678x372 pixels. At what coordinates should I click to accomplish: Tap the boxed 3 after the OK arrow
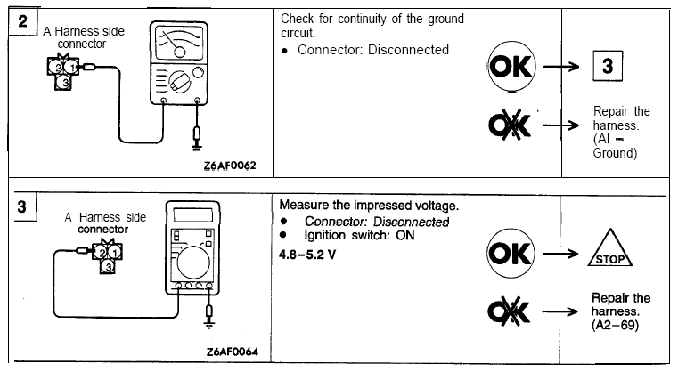pos(608,68)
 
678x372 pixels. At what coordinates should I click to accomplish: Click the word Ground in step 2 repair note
pos(614,153)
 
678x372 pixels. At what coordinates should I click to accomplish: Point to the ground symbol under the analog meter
pos(197,140)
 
